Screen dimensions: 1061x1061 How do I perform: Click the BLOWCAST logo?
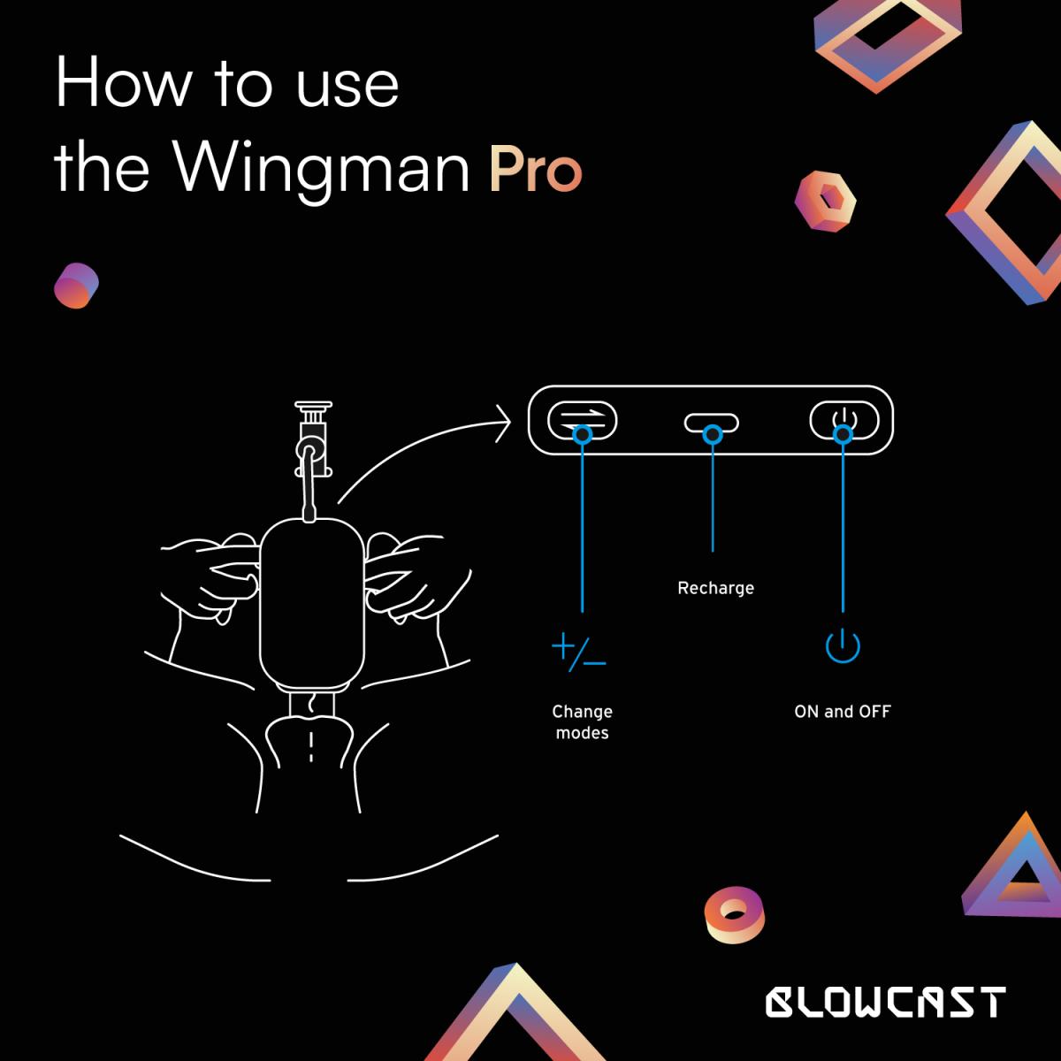(885, 1002)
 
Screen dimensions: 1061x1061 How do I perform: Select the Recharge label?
(715, 588)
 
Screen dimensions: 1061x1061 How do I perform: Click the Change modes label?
(582, 721)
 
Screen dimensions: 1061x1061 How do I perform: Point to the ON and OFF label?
(843, 711)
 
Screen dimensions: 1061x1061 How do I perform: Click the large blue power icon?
(843, 646)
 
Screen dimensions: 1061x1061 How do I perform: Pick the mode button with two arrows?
(582, 420)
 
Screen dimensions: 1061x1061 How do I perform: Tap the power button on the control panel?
(844, 420)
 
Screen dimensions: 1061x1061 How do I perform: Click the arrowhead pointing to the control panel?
(504, 424)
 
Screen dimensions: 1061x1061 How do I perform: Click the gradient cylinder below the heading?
(76, 286)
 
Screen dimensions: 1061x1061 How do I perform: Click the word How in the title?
(122, 84)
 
